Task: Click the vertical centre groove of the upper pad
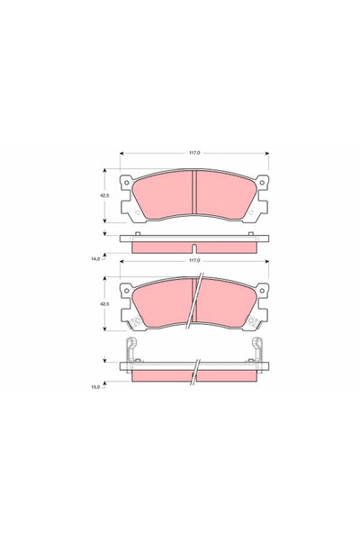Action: pos(195,195)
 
